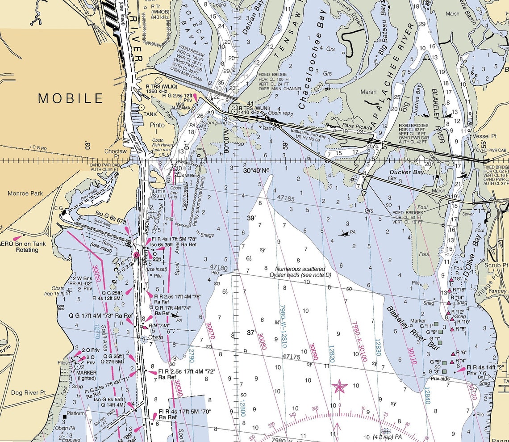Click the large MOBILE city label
coord(71,98)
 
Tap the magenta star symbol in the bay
coord(339,386)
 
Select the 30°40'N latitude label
coord(257,170)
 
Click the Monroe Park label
coord(25,194)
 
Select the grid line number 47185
coord(286,197)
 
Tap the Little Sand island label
coord(159,193)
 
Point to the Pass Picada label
coord(357,127)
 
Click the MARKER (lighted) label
coord(86,375)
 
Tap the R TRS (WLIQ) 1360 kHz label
coord(161,88)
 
